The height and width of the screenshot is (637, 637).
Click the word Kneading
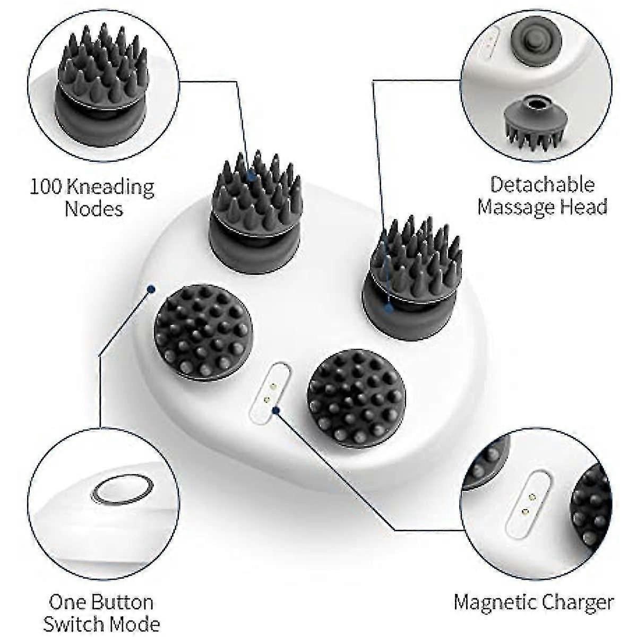pyautogui.click(x=110, y=187)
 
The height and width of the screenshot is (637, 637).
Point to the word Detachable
pyautogui.click(x=542, y=184)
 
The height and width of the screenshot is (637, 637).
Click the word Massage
pyautogui.click(x=515, y=207)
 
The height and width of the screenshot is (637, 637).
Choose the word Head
pyautogui.click(x=582, y=206)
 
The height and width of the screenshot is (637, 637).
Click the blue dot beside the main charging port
pyautogui.click(x=277, y=410)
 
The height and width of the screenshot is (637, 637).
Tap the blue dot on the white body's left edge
pyautogui.click(x=151, y=289)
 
